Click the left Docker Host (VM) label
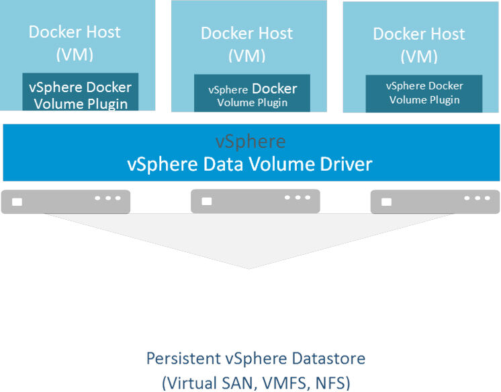point(75,42)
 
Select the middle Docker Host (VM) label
point(247,43)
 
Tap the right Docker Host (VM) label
point(419,44)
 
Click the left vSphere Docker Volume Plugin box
point(81,95)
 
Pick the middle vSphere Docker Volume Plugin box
point(253,95)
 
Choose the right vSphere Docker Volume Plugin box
point(424,93)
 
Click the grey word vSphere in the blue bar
point(250,142)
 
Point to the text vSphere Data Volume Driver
point(250,163)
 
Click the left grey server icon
point(66,201)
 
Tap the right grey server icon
point(435,201)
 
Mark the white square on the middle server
point(208,201)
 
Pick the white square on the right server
point(386,201)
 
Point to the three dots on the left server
point(107,198)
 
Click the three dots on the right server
point(477,198)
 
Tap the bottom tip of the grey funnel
point(249,268)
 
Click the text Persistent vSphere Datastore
point(256,358)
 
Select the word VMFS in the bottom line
point(283,383)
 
